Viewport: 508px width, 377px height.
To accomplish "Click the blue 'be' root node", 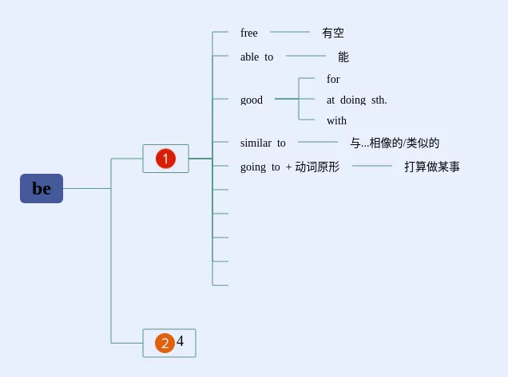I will tap(42, 189).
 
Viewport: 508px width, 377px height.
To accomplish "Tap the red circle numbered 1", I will tap(165, 159).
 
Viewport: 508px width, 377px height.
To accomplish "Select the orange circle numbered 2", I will tap(165, 344).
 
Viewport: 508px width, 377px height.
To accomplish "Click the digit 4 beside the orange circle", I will tap(181, 341).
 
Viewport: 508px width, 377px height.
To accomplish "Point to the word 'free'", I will tap(249, 33).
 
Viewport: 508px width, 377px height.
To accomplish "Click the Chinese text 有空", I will tap(333, 33).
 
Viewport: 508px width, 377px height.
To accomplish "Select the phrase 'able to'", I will tap(256, 57).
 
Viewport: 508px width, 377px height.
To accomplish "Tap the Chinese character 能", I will tap(343, 57).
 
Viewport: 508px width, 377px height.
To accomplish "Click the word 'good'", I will tap(252, 100).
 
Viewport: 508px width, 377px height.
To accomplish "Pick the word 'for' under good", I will tap(333, 80).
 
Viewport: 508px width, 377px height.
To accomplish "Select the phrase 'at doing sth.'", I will tap(356, 100).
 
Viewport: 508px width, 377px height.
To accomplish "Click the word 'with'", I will tap(336, 121).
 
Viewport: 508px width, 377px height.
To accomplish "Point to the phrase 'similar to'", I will tap(263, 143).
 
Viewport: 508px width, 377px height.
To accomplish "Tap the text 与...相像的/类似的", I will tap(395, 143).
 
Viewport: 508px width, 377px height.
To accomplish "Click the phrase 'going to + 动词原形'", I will tap(290, 167).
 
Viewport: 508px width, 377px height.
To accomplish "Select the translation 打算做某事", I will tap(432, 167).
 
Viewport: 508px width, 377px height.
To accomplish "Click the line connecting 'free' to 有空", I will tap(290, 32).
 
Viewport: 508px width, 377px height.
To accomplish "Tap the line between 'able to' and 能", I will tap(306, 56).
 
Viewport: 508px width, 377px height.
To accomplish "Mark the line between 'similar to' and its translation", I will tap(318, 142).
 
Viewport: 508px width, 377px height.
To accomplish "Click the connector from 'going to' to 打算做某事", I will tap(372, 166).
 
